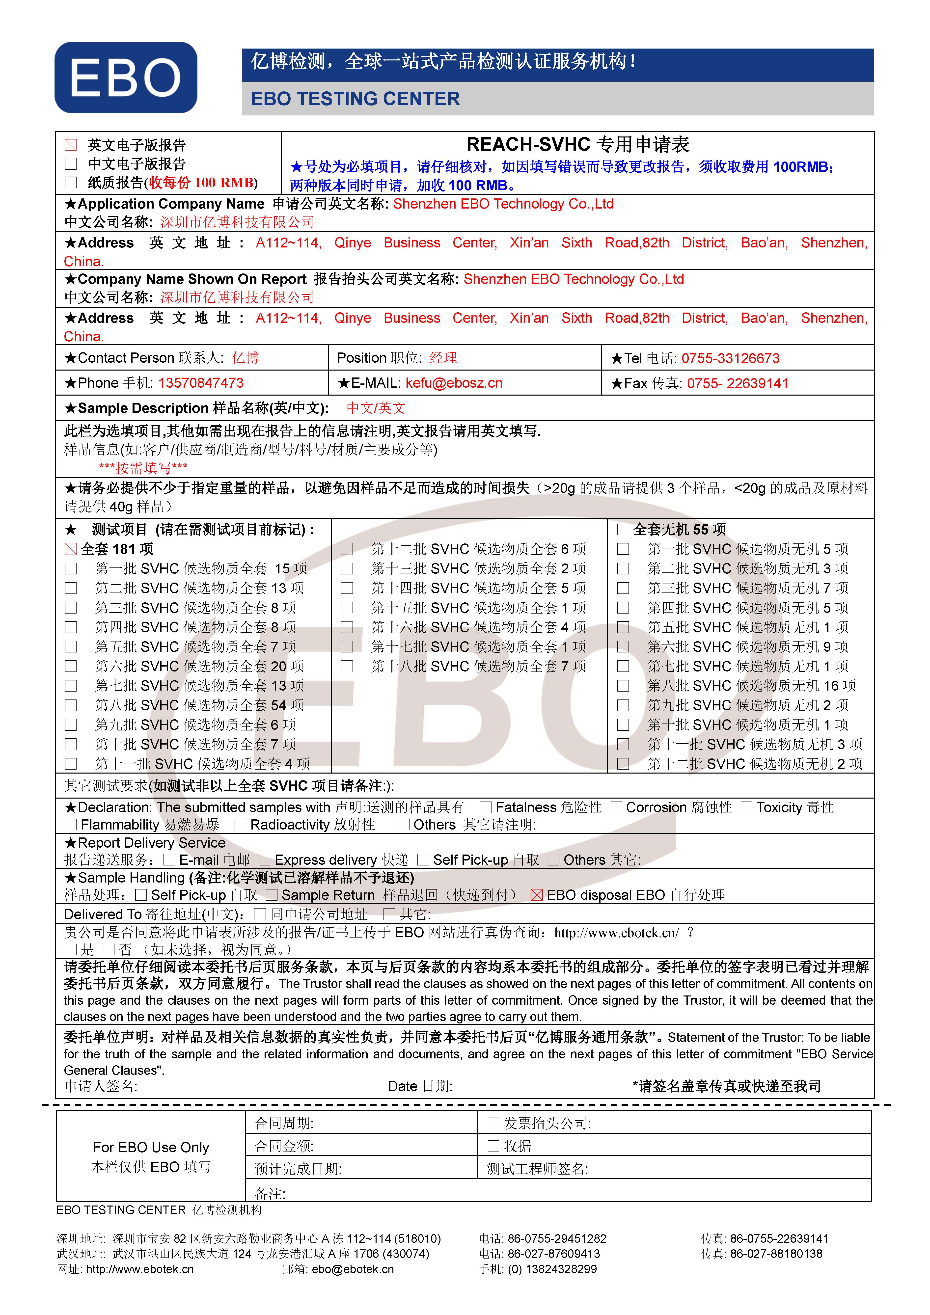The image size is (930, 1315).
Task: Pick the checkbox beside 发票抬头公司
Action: click(493, 1123)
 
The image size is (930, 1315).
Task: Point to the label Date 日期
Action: click(420, 1086)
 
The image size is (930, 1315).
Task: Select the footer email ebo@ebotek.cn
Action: click(353, 1269)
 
